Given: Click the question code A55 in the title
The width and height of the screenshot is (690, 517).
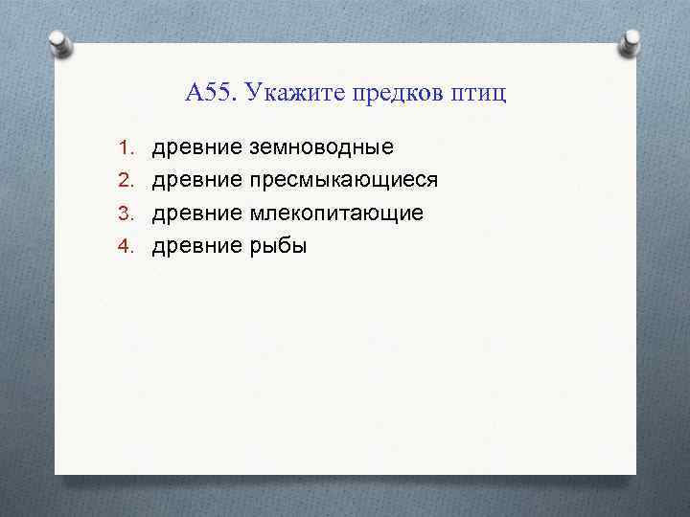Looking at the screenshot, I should [x=212, y=93].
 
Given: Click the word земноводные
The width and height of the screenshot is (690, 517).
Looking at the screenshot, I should [x=321, y=147].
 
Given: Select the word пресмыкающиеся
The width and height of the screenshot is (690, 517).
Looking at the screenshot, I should [x=343, y=180].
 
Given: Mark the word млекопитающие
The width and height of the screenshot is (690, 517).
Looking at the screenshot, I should [x=335, y=213].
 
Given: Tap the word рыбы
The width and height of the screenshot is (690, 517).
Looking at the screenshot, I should [x=278, y=245].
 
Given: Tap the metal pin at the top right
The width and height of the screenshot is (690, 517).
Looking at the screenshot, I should [x=631, y=40].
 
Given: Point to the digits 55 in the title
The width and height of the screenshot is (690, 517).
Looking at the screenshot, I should [x=219, y=93].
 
